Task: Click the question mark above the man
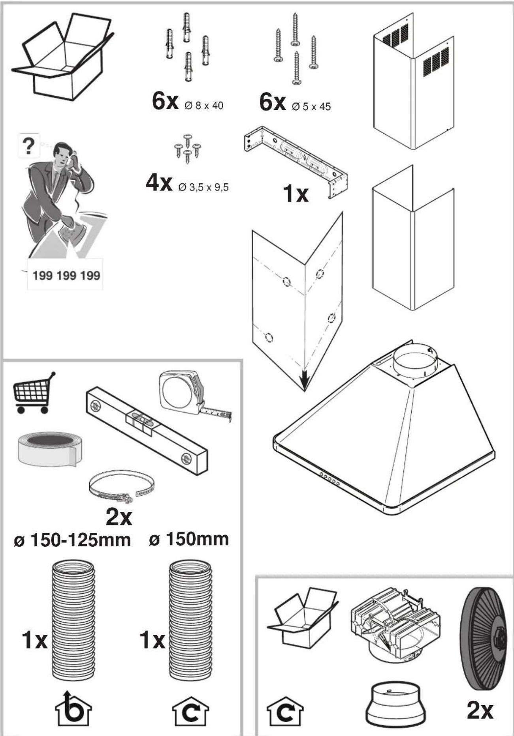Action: pyautogui.click(x=28, y=146)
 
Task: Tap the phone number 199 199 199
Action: pyautogui.click(x=66, y=275)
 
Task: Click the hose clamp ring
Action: pyautogui.click(x=121, y=487)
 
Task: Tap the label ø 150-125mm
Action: pyautogui.click(x=72, y=540)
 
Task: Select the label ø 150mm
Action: pyautogui.click(x=189, y=539)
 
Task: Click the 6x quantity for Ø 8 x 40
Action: pyautogui.click(x=165, y=102)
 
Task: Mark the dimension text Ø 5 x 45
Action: pyautogui.click(x=311, y=107)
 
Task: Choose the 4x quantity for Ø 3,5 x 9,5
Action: pyautogui.click(x=159, y=183)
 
